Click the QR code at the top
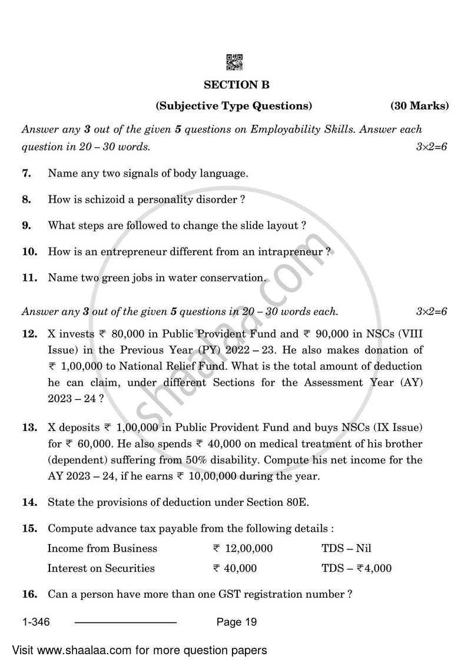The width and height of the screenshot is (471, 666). coord(234,62)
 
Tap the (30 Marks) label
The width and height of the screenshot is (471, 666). coord(419,107)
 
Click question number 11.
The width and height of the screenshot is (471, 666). coord(29,277)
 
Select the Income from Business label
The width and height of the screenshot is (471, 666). coord(102,549)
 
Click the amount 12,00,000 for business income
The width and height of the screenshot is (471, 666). coord(248,549)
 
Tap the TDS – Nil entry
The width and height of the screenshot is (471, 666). coord(346,549)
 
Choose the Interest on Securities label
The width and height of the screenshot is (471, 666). coord(101,569)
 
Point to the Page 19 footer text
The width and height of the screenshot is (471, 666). coord(237,622)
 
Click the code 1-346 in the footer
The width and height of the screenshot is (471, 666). coord(37,622)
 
